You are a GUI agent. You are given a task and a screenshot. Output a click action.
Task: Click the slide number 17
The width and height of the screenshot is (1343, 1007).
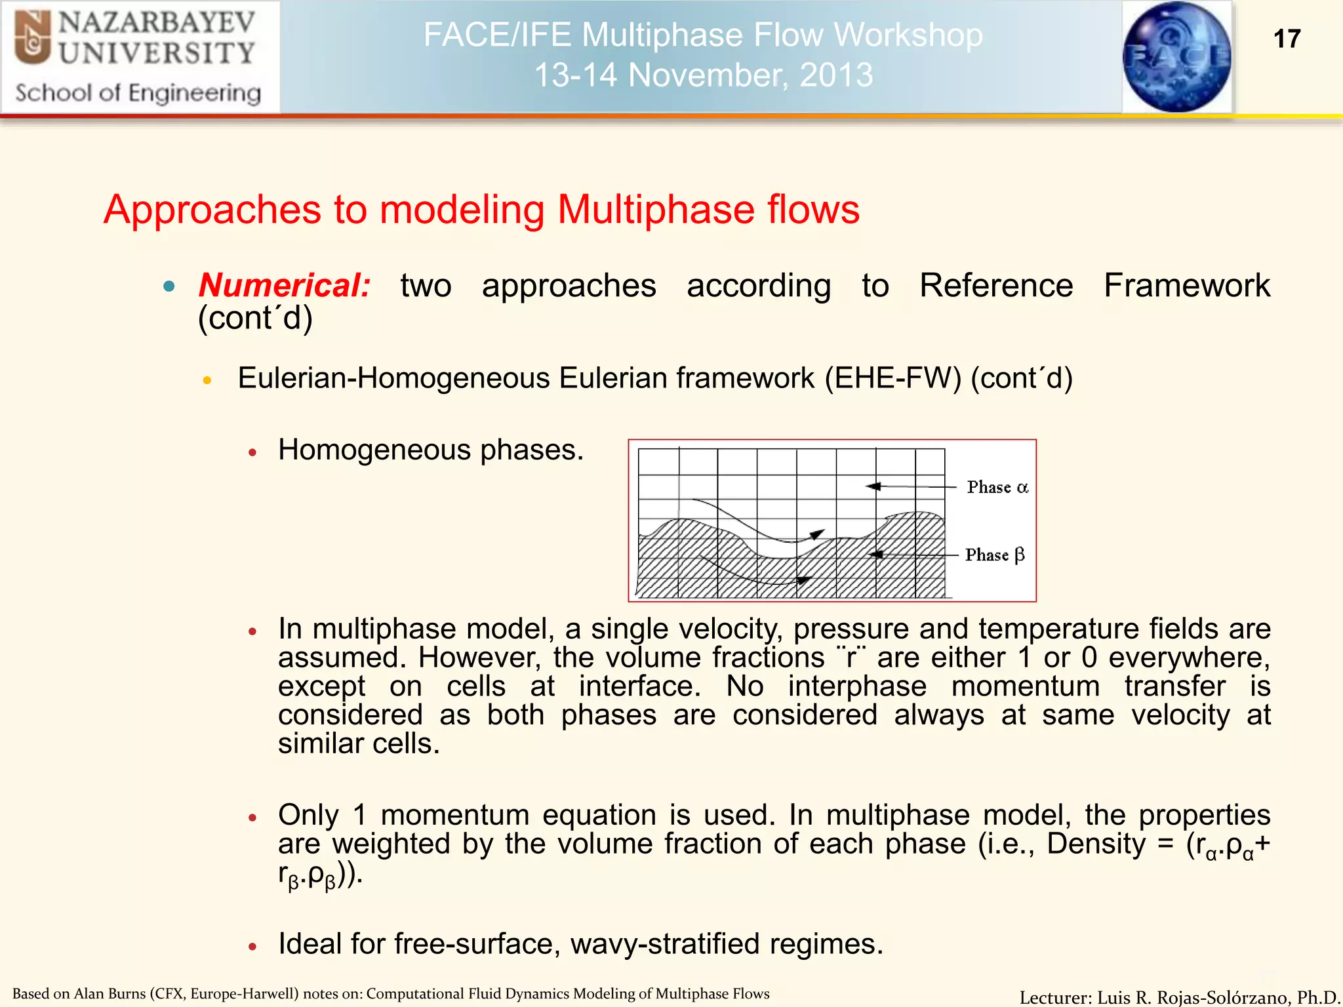1287,39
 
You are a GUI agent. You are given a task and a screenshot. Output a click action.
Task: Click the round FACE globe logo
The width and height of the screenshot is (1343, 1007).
1176,56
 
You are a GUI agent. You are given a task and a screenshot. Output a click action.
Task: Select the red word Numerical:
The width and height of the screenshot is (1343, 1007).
285,286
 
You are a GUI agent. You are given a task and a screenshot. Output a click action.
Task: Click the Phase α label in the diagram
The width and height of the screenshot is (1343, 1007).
997,487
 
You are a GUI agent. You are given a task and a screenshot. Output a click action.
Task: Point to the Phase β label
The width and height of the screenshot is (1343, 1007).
994,555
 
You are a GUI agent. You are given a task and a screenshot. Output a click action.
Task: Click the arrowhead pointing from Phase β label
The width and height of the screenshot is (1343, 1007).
876,555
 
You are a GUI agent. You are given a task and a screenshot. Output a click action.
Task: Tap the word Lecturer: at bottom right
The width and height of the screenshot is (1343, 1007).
1055,997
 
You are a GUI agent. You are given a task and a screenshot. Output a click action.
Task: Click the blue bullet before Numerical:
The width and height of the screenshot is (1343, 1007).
169,286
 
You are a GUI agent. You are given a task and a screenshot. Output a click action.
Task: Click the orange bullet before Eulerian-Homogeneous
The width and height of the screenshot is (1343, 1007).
207,380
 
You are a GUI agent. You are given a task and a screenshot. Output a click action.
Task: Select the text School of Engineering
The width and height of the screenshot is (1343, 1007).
138,93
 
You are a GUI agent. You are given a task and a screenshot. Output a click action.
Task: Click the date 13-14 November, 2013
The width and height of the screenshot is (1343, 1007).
703,75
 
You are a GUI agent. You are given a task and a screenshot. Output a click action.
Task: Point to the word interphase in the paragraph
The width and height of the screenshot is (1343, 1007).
857,686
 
